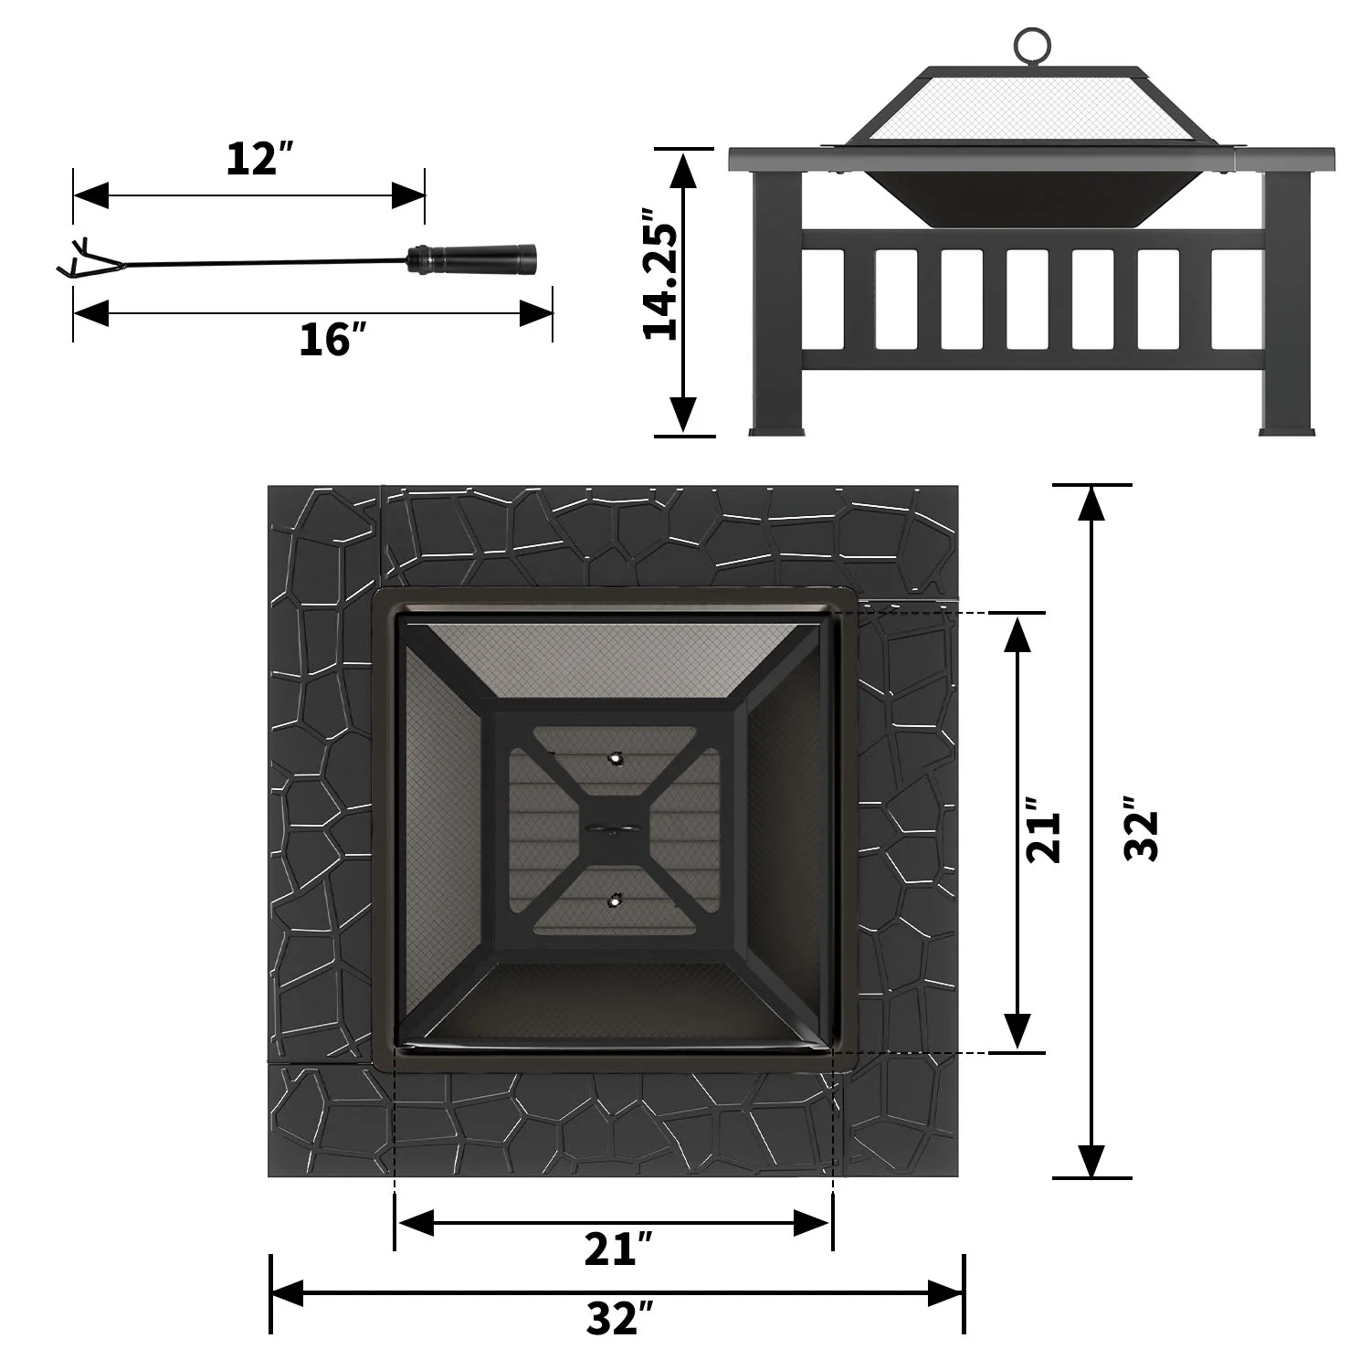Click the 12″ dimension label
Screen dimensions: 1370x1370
258,159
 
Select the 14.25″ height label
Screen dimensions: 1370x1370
661,274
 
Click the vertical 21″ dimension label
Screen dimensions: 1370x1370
1044,830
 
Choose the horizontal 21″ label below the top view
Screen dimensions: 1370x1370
618,1250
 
